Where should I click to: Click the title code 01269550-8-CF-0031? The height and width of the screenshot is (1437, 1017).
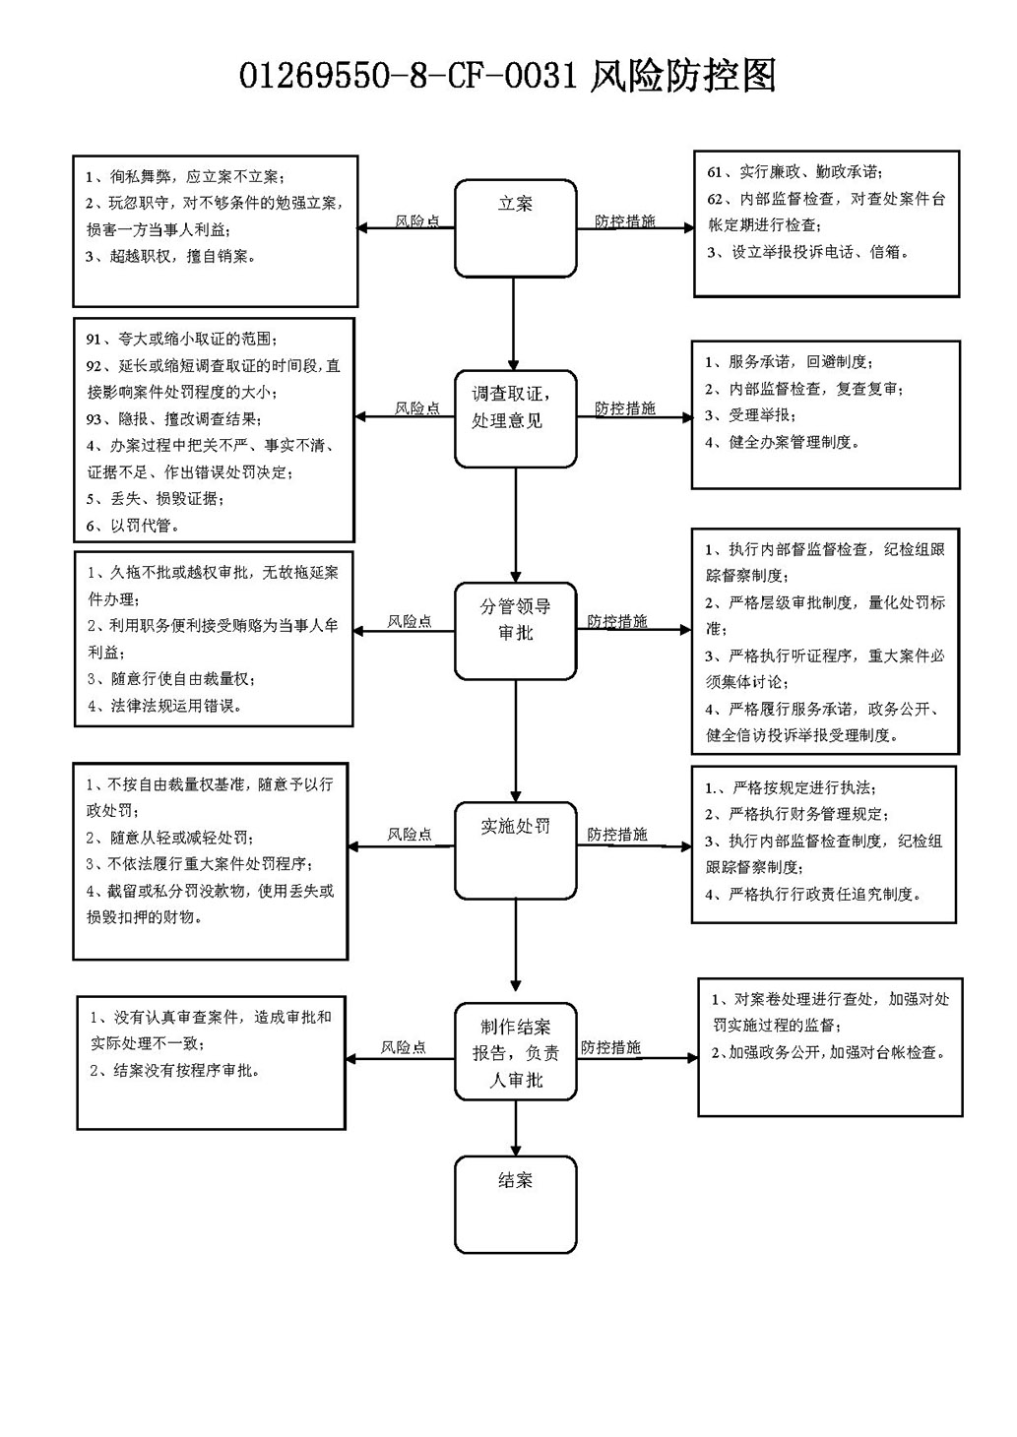tap(409, 76)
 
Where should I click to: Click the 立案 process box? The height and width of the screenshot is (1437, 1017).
tap(515, 228)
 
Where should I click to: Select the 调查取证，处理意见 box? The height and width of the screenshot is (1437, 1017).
tap(515, 418)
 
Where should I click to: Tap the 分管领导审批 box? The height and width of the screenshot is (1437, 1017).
tap(515, 631)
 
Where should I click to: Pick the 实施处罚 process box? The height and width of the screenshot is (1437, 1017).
tap(515, 850)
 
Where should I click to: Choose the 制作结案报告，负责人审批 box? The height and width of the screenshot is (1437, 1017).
tap(515, 1052)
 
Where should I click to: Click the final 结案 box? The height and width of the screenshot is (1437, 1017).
tap(515, 1205)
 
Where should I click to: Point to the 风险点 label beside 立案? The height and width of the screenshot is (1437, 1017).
tap(417, 221)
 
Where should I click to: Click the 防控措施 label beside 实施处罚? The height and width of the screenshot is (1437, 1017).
tap(617, 834)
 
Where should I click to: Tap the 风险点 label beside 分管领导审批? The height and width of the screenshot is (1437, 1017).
tap(410, 621)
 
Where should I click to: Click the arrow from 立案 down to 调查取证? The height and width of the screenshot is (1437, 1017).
tap(513, 324)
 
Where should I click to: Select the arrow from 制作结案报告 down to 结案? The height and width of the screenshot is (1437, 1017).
tap(515, 1128)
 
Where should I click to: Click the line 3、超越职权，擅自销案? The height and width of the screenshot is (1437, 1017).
tap(170, 257)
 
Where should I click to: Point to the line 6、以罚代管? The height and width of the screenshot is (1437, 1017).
tap(133, 526)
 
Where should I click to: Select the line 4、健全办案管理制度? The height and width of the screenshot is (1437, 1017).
tap(782, 442)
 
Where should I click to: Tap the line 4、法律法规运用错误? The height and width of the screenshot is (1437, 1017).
tap(164, 707)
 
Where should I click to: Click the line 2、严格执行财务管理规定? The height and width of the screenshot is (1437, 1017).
tap(796, 814)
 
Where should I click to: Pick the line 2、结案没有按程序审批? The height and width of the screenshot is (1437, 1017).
tap(175, 1071)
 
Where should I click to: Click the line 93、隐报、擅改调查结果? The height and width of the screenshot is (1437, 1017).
tap(174, 419)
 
